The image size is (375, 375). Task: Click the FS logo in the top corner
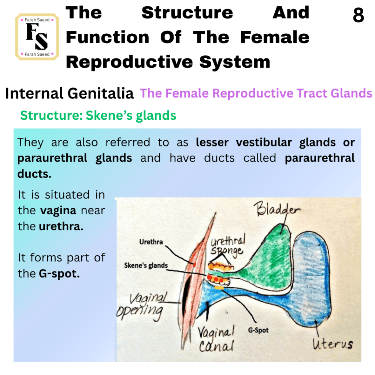click(x=37, y=37)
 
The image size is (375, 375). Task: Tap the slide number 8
click(x=358, y=15)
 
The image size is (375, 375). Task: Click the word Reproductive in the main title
click(x=129, y=62)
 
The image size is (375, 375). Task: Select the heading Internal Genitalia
click(x=69, y=93)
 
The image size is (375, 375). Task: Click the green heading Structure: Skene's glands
click(x=98, y=115)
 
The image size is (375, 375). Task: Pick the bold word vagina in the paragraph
click(x=58, y=211)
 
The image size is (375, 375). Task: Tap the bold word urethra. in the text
click(x=61, y=226)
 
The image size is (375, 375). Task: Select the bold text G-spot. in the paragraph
click(x=59, y=273)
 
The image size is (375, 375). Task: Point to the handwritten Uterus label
click(x=333, y=344)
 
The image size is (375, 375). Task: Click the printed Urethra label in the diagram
click(x=151, y=242)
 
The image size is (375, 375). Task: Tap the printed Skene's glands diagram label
click(x=146, y=265)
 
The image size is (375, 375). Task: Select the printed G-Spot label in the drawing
click(x=258, y=330)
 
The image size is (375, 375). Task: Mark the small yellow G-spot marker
click(x=219, y=288)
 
